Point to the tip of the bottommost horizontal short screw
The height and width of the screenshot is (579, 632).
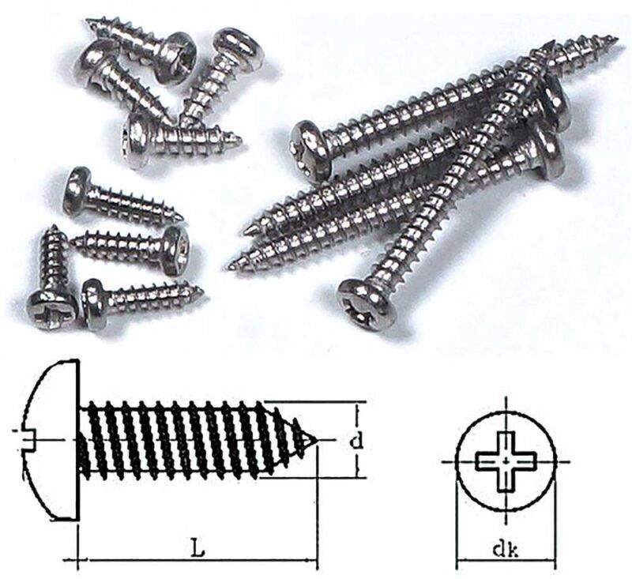click(x=201, y=291)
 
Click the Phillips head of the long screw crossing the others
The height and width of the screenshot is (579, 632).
click(x=366, y=303)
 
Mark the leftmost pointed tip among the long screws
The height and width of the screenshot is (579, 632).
click(x=231, y=268)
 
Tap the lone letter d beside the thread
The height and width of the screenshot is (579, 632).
click(x=357, y=442)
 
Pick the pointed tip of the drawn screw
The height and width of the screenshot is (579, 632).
click(x=315, y=439)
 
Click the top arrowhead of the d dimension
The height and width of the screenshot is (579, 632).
click(x=358, y=408)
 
